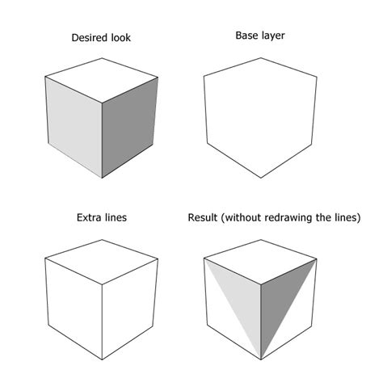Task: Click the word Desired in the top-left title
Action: (86, 38)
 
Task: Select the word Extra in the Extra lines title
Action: (90, 217)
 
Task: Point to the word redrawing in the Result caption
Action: (302, 217)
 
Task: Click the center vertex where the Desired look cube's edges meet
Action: (102, 101)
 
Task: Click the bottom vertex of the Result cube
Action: (259, 359)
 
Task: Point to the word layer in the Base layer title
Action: (276, 36)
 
